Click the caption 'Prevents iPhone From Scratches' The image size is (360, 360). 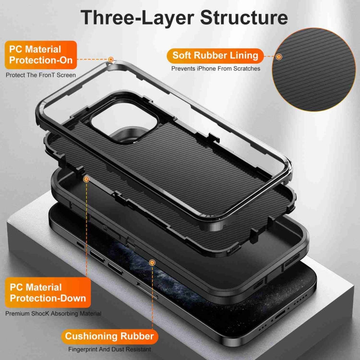click(x=216, y=69)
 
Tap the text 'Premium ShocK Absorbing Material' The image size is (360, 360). click(x=53, y=313)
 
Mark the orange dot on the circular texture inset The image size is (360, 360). click(x=279, y=57)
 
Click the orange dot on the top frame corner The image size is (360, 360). click(x=111, y=60)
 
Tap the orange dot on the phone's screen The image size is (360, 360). click(x=152, y=263)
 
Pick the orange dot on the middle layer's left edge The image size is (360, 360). click(x=87, y=179)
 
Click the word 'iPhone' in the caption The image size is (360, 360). click(x=204, y=69)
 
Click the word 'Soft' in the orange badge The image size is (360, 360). click(x=183, y=55)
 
